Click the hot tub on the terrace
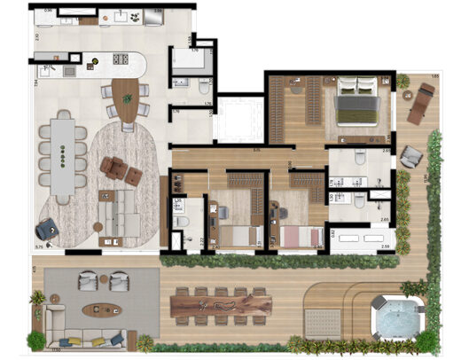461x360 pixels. pyautogui.click(x=396, y=315)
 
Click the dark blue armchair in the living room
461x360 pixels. pyautogui.click(x=49, y=229)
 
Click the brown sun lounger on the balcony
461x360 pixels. pyautogui.click(x=418, y=106)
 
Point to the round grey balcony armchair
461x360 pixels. pyautogui.click(x=410, y=157)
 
